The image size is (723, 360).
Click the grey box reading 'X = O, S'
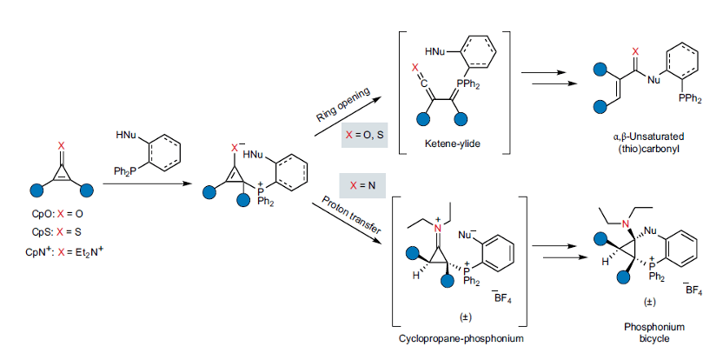(x=365, y=136)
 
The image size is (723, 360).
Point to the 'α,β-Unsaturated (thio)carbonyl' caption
(x=644, y=143)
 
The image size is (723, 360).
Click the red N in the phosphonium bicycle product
(x=623, y=226)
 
